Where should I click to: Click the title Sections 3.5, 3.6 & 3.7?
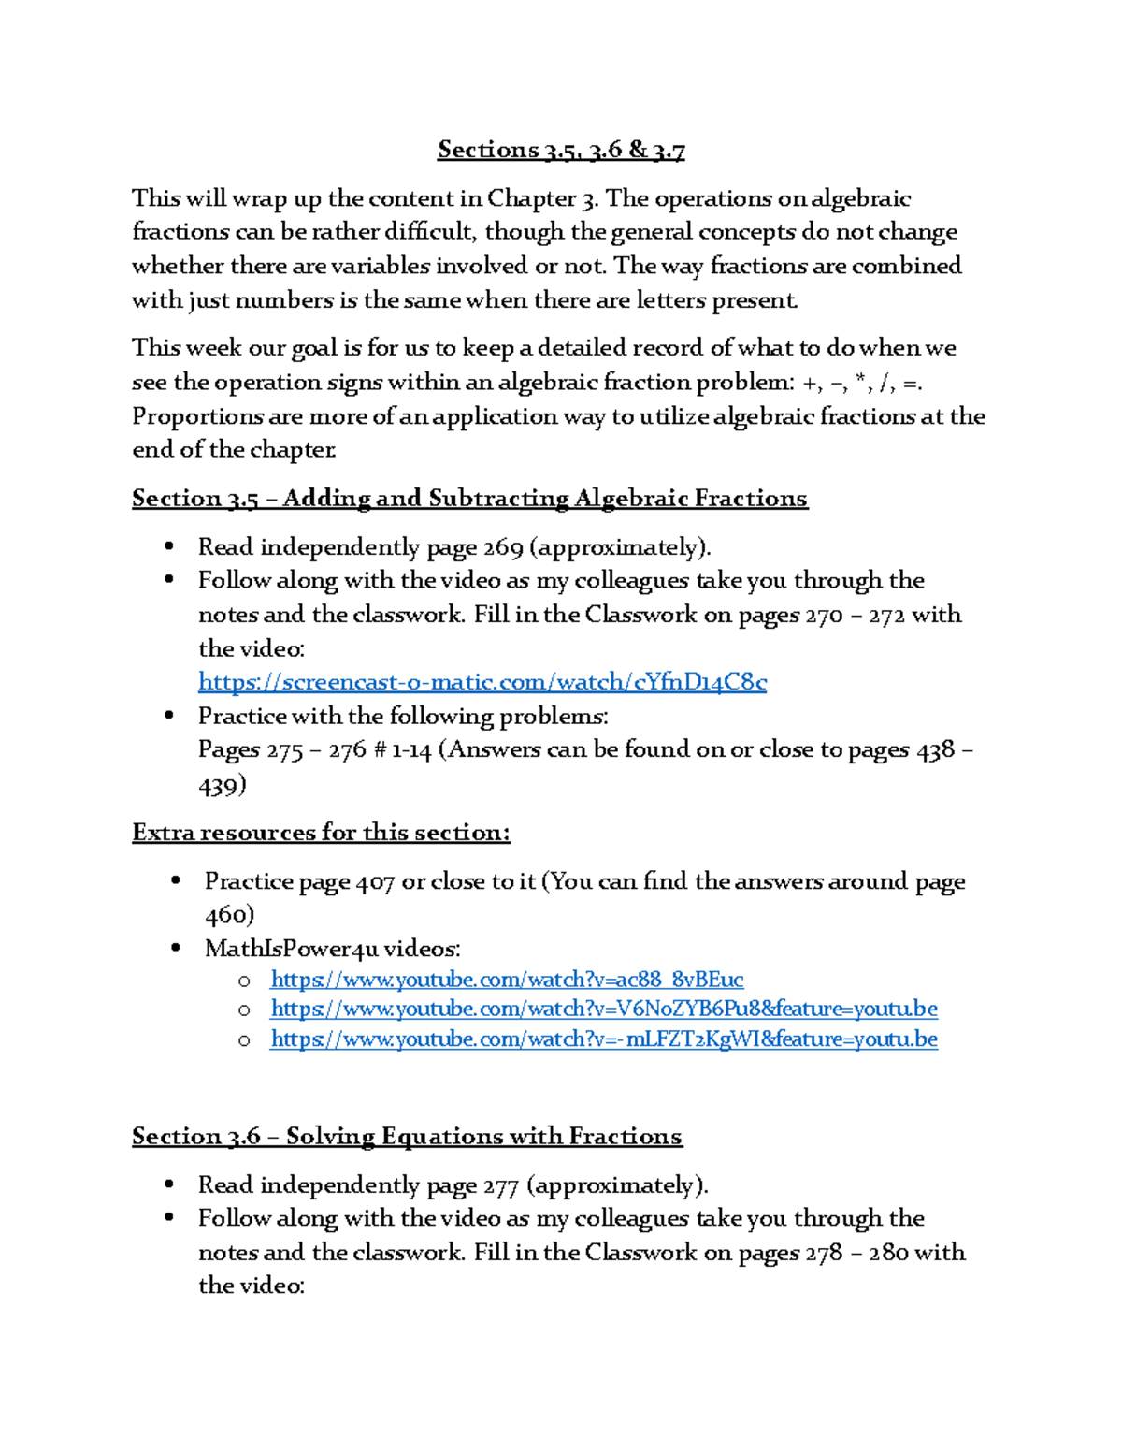point(561,150)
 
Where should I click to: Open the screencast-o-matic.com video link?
point(482,682)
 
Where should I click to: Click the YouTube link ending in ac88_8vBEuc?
point(507,980)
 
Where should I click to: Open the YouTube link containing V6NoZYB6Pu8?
point(604,1009)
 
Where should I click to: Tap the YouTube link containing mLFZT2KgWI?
point(604,1039)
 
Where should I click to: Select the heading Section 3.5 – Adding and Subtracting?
point(469,499)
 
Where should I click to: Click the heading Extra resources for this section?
point(321,833)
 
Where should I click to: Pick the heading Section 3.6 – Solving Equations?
point(407,1137)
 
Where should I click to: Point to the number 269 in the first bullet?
point(503,547)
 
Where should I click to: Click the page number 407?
point(375,882)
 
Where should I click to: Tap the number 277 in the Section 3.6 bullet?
point(500,1186)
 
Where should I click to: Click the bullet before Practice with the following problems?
point(168,716)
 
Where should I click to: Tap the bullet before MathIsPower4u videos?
point(175,949)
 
